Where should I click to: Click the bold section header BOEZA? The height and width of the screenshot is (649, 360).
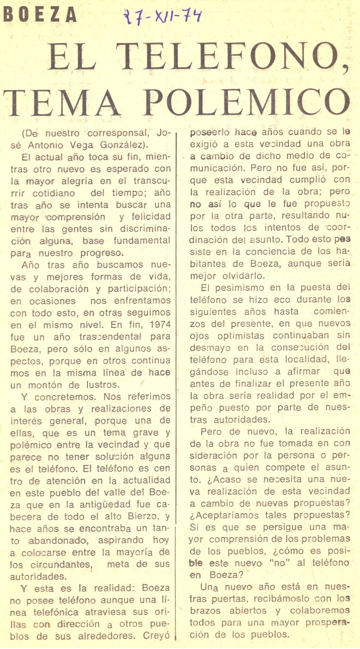(40, 16)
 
